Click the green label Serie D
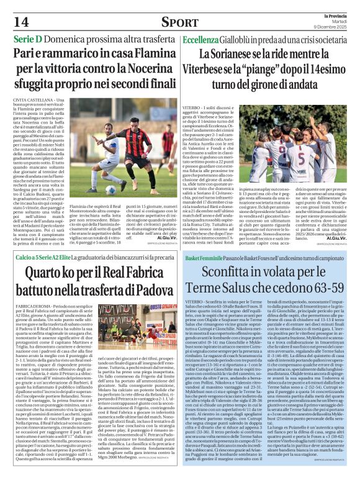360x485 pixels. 23,39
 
